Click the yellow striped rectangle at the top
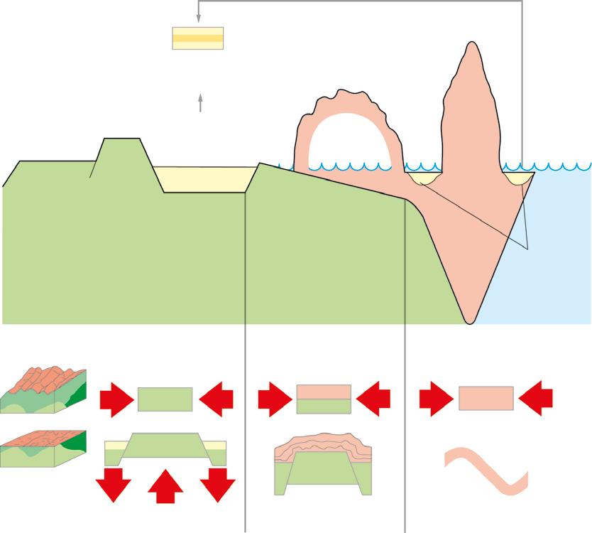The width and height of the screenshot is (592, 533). coord(198,38)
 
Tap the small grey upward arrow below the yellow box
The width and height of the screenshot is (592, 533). coord(201,103)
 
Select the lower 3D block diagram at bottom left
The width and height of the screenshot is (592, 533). coord(43,448)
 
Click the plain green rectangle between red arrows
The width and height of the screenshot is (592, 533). coord(165,399)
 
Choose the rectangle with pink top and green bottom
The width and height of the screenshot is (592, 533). coord(324,399)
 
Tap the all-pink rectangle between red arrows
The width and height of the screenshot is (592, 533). coord(486,399)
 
